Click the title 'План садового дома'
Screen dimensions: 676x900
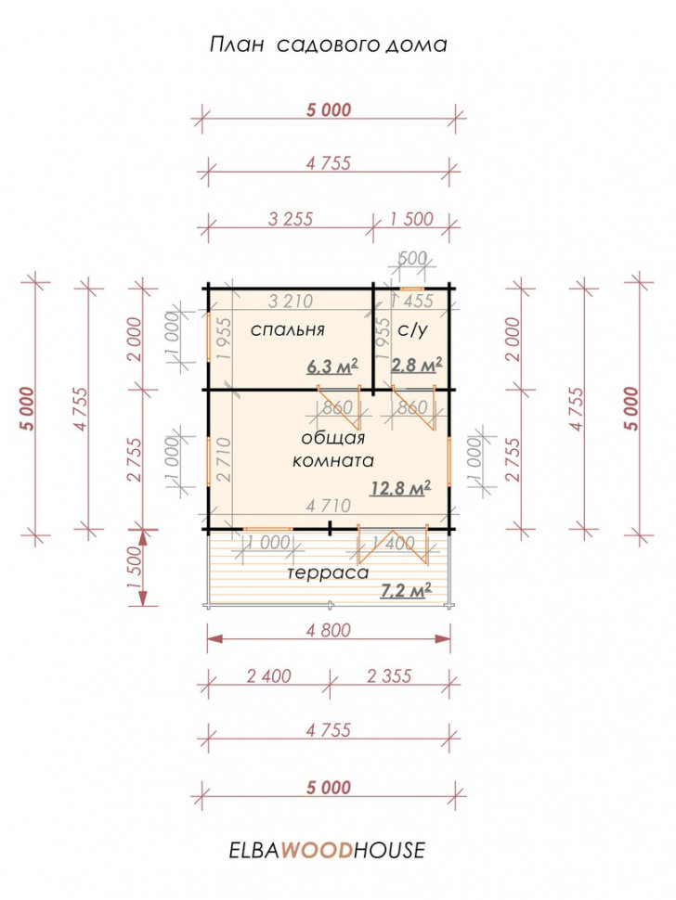328,45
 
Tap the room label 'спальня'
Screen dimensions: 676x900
288,330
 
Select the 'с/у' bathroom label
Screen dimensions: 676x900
412,330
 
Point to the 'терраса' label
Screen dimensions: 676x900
328,572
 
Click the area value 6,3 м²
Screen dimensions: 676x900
332,366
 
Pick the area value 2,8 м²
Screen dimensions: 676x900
416,365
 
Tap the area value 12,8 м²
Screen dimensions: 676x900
401,488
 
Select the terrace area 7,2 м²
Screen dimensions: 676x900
406,590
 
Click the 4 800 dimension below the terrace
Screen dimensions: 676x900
328,630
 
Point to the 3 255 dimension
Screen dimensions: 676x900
291,219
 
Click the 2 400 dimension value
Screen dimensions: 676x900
268,676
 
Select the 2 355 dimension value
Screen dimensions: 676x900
389,676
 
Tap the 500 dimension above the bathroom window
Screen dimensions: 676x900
412,258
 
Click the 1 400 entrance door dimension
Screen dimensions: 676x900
394,543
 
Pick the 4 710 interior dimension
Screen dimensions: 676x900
328,506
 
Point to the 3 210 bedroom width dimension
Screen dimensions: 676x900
291,301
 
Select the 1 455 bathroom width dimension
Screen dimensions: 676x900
411,301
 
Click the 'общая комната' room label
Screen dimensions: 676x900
333,449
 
